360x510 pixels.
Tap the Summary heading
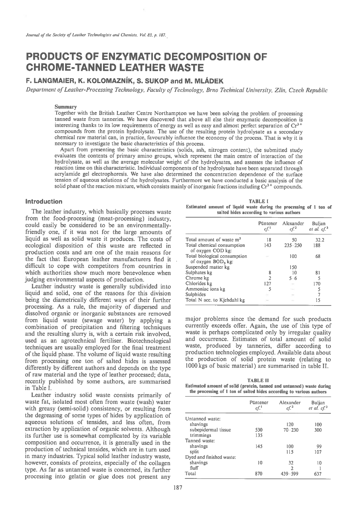[x=66, y=107]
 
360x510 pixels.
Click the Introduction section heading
[x=44, y=201]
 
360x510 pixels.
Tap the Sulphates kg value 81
[x=318, y=273]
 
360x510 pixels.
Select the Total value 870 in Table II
[x=258, y=474]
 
